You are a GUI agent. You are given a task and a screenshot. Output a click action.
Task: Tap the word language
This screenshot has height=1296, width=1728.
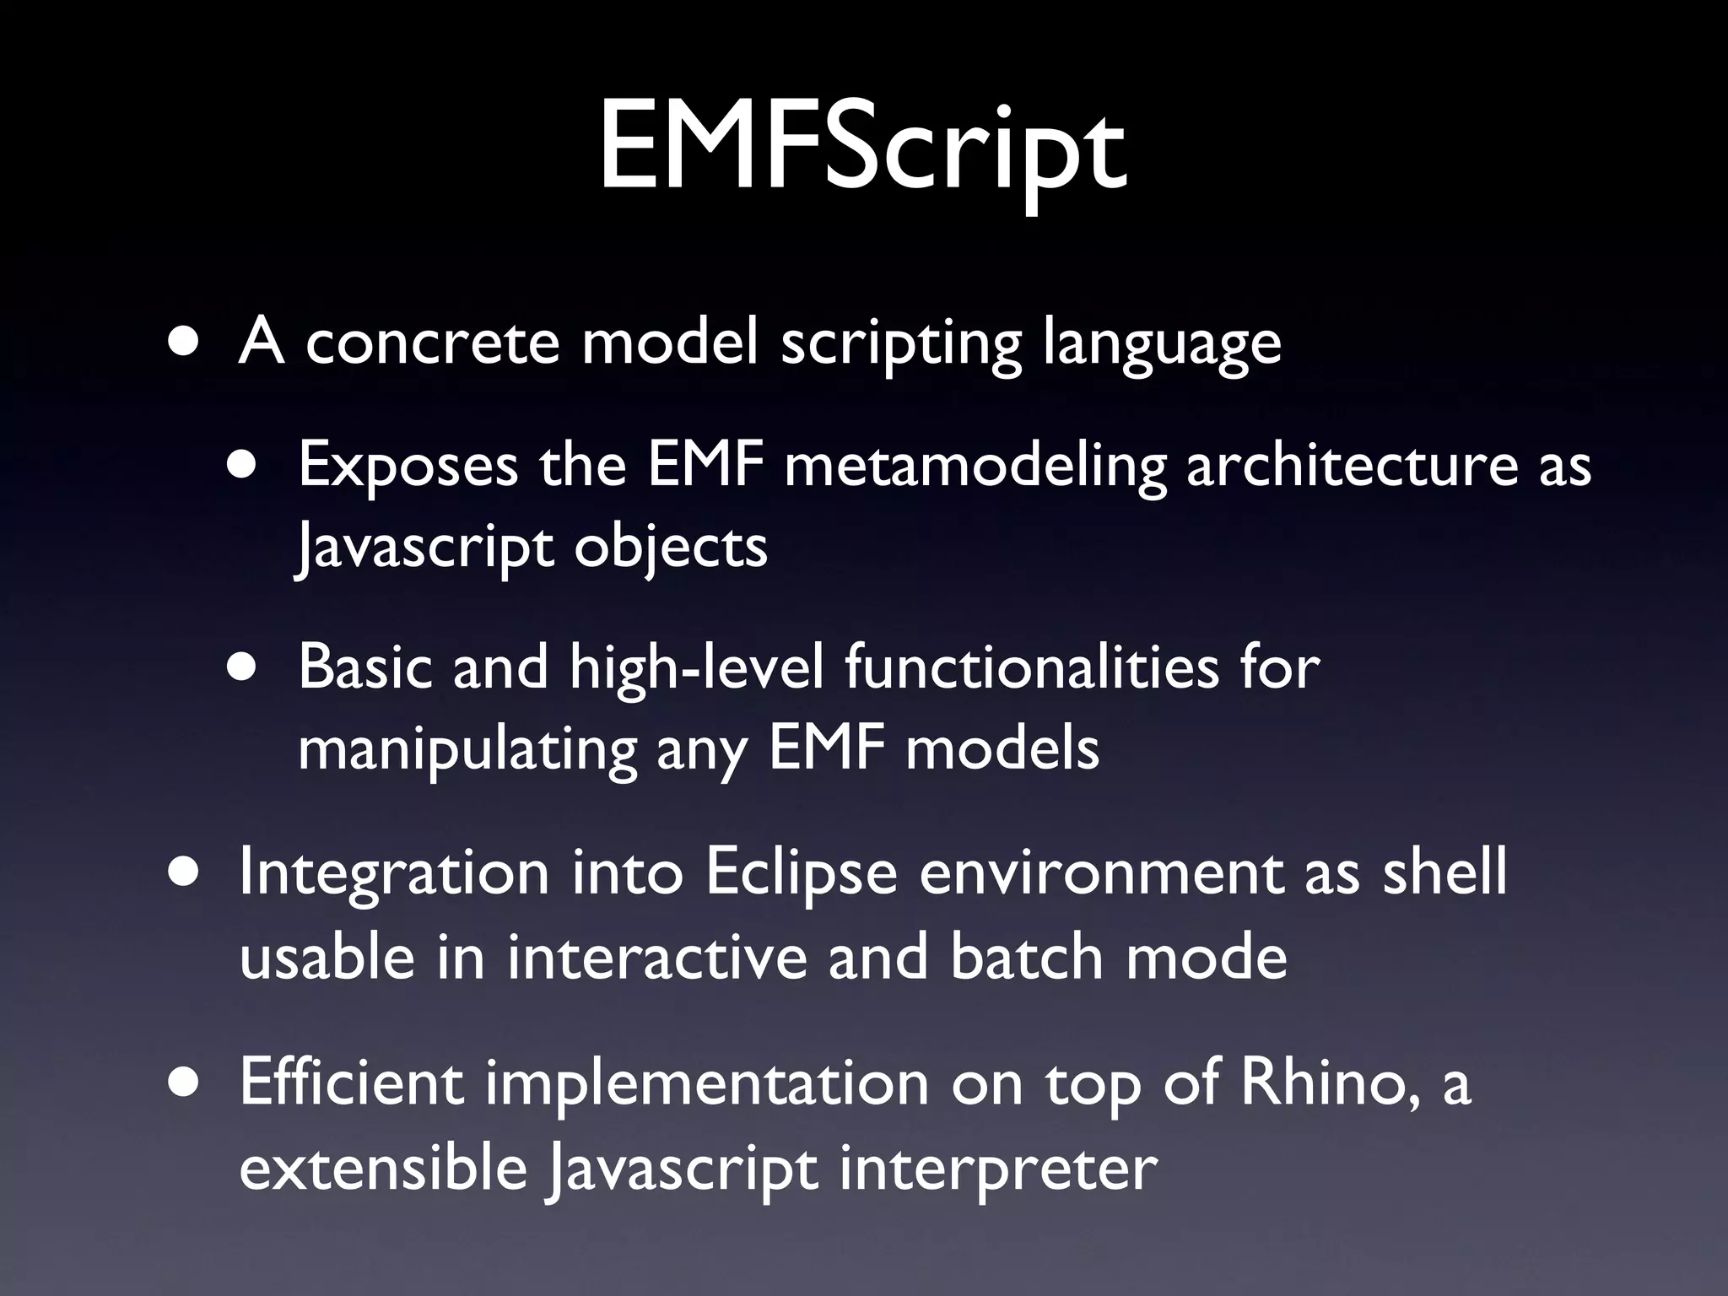[x=1162, y=344]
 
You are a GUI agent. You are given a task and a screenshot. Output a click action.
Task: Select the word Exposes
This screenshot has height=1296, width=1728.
[x=408, y=466]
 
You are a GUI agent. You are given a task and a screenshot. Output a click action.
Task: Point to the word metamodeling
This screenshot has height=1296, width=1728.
[x=973, y=466]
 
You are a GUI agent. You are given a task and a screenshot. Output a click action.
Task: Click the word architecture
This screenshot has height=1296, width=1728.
[x=1353, y=466]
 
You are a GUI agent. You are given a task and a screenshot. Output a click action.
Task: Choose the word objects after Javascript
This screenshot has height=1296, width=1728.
[x=671, y=547]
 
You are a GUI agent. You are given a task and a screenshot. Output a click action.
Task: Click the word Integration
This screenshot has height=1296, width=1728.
[x=394, y=874]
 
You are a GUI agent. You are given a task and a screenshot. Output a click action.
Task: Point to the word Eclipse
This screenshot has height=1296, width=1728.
[x=801, y=874]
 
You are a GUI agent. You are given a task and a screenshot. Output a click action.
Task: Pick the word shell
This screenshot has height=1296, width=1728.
[x=1444, y=872]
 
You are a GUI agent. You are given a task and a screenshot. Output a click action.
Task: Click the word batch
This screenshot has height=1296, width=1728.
[x=1027, y=957]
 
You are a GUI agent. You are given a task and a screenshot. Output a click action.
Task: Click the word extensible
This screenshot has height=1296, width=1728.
[x=383, y=1168]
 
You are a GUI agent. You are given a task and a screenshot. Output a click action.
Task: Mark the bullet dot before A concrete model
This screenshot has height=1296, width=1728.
[x=183, y=343]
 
